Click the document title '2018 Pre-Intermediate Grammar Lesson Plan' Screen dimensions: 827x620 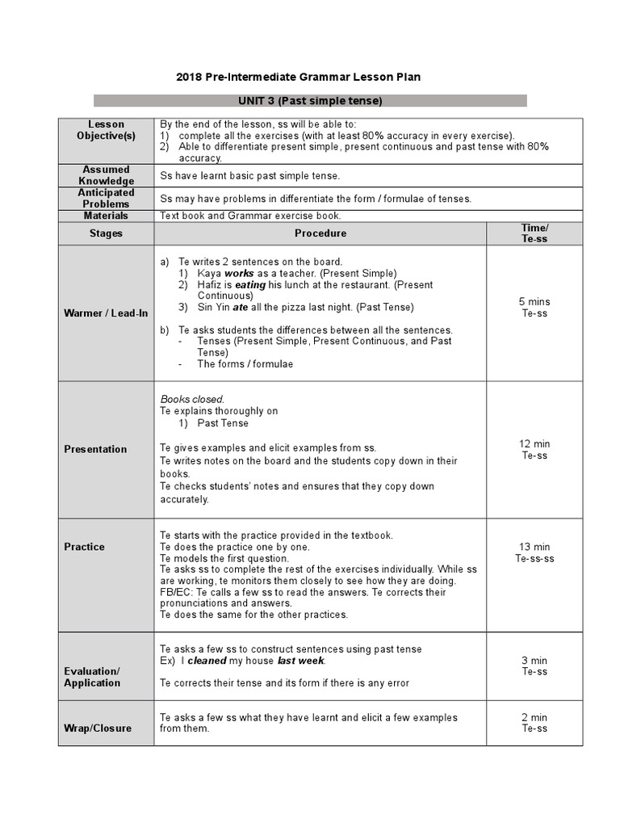(x=298, y=77)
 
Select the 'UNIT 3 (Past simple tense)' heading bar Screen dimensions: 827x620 (x=310, y=101)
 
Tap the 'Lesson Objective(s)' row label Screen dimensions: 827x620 (x=106, y=130)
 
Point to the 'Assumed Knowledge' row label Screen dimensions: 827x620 (x=106, y=175)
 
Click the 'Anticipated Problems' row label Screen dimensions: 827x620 (x=106, y=199)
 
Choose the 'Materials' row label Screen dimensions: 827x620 (x=106, y=216)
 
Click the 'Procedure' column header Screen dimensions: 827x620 (x=320, y=233)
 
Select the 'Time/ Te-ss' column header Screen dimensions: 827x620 (x=534, y=233)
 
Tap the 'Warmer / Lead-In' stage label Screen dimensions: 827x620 (x=106, y=313)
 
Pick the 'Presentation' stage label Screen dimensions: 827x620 (x=95, y=449)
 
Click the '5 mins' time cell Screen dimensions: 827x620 (x=534, y=301)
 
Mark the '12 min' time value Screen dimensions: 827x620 (x=534, y=444)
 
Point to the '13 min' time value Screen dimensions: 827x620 (x=534, y=547)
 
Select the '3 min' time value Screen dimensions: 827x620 (x=534, y=661)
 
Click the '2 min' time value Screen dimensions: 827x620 (x=534, y=717)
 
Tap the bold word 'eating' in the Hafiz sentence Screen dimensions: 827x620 (x=250, y=285)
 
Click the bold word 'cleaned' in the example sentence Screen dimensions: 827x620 (x=207, y=661)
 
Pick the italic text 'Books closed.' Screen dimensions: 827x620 (x=192, y=399)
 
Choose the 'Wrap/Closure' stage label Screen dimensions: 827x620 (x=98, y=728)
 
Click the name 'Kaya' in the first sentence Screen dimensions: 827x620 (x=209, y=273)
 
